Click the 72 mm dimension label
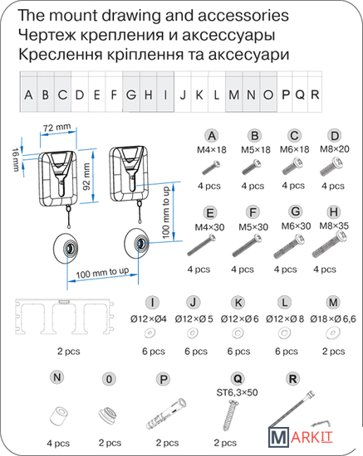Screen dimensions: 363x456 [x=56, y=128]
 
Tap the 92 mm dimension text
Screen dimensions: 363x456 [x=86, y=177]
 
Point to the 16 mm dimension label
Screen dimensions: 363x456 [x=16, y=159]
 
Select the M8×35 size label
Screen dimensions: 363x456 [x=334, y=226]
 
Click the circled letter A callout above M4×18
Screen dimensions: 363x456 [x=212, y=136]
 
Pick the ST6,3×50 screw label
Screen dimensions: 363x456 [x=237, y=393]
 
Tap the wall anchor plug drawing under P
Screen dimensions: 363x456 [x=166, y=414]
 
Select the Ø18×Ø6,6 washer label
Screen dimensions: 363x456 [x=333, y=319]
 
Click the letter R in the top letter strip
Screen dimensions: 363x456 [x=315, y=95]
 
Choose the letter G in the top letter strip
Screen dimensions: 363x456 [x=131, y=95]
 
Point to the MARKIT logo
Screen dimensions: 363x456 [x=300, y=438]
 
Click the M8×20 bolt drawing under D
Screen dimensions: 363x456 [x=331, y=167]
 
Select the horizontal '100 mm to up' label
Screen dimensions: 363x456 [x=102, y=273]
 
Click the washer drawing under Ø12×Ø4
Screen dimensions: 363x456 [x=150, y=333]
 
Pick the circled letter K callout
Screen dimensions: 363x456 [x=238, y=303]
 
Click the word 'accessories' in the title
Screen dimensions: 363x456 [x=243, y=16]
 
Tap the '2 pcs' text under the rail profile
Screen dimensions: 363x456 [x=68, y=352]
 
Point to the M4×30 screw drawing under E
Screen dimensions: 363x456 [x=202, y=245]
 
